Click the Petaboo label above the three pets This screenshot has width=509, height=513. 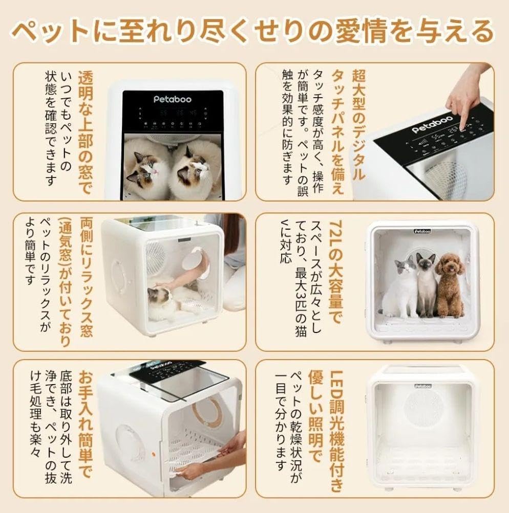click(423, 231)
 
